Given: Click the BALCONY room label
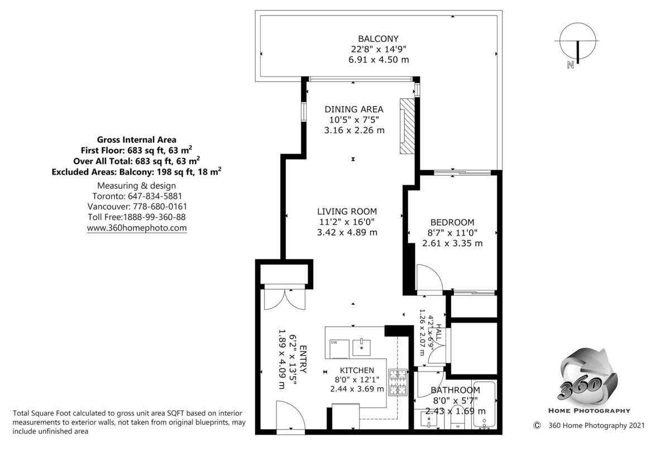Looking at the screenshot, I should click(x=378, y=39).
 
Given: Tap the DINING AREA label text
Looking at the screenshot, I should click(x=354, y=109).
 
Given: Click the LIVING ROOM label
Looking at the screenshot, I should click(x=347, y=211).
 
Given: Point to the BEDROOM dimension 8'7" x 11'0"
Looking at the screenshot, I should click(x=452, y=232).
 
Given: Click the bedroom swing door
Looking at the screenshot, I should click(x=429, y=278).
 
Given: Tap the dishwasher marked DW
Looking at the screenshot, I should click(x=337, y=348).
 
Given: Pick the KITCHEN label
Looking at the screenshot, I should click(x=357, y=370).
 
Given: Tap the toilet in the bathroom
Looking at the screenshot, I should click(x=458, y=421).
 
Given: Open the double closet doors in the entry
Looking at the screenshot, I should click(x=285, y=299).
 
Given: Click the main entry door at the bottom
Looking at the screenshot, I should click(x=291, y=417).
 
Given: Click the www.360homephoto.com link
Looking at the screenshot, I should click(x=137, y=228).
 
